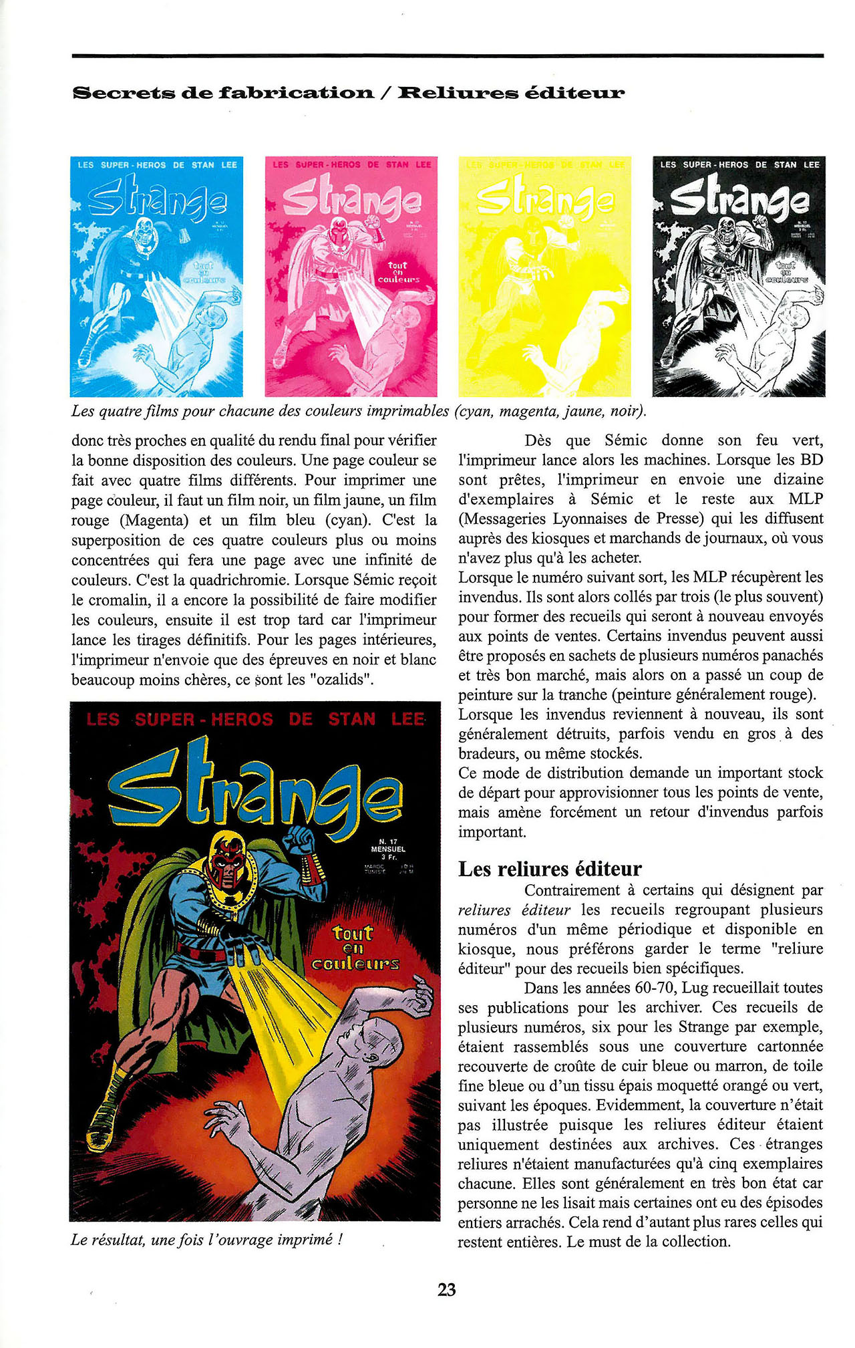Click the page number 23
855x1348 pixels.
click(x=447, y=1289)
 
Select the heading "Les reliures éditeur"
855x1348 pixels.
click(x=550, y=869)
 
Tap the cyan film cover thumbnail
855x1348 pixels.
click(x=157, y=277)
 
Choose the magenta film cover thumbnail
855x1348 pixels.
click(x=351, y=277)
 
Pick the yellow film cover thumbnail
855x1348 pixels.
click(x=544, y=277)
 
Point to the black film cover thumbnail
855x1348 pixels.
click(x=739, y=277)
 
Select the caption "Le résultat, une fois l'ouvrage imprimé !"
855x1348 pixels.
click(x=206, y=1240)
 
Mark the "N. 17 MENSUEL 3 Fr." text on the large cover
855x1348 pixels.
click(x=388, y=849)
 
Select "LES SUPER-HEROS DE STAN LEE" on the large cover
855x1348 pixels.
click(x=255, y=720)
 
